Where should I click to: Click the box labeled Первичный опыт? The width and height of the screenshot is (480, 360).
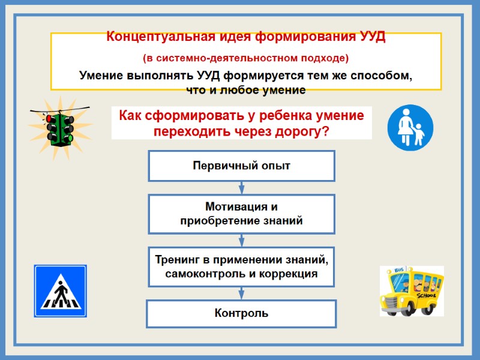coord(241,166)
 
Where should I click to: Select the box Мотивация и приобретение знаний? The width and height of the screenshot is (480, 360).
coord(241,214)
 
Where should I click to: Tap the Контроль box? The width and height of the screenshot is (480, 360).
coord(241,313)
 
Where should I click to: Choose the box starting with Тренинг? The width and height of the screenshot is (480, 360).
coord(241,267)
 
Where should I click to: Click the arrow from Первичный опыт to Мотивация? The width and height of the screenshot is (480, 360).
coord(241,187)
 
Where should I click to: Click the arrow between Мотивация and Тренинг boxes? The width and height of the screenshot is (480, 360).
coord(241,240)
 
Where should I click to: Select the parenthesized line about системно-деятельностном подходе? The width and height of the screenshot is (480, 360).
coord(245,58)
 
